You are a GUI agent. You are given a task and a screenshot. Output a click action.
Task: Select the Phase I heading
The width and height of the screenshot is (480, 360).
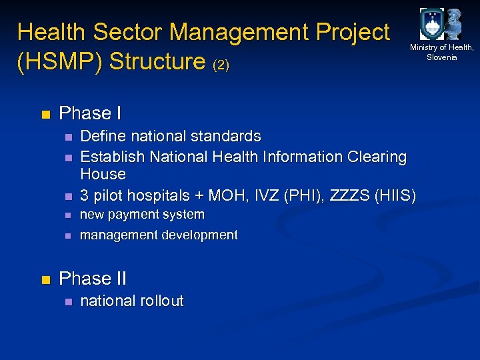(x=90, y=113)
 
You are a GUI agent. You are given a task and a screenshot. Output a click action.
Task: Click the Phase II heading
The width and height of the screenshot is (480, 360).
(x=93, y=278)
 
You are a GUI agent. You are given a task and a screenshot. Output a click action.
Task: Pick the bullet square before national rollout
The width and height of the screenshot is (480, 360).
(x=67, y=302)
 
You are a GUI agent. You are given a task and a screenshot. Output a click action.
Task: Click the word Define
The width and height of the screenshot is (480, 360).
(x=102, y=136)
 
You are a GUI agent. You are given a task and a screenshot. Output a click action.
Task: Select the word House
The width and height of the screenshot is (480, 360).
(x=103, y=174)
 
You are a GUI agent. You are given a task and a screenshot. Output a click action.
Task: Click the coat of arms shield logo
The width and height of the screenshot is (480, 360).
(x=431, y=25)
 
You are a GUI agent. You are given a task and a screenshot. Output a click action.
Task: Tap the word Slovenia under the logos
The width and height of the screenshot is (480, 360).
(x=441, y=57)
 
